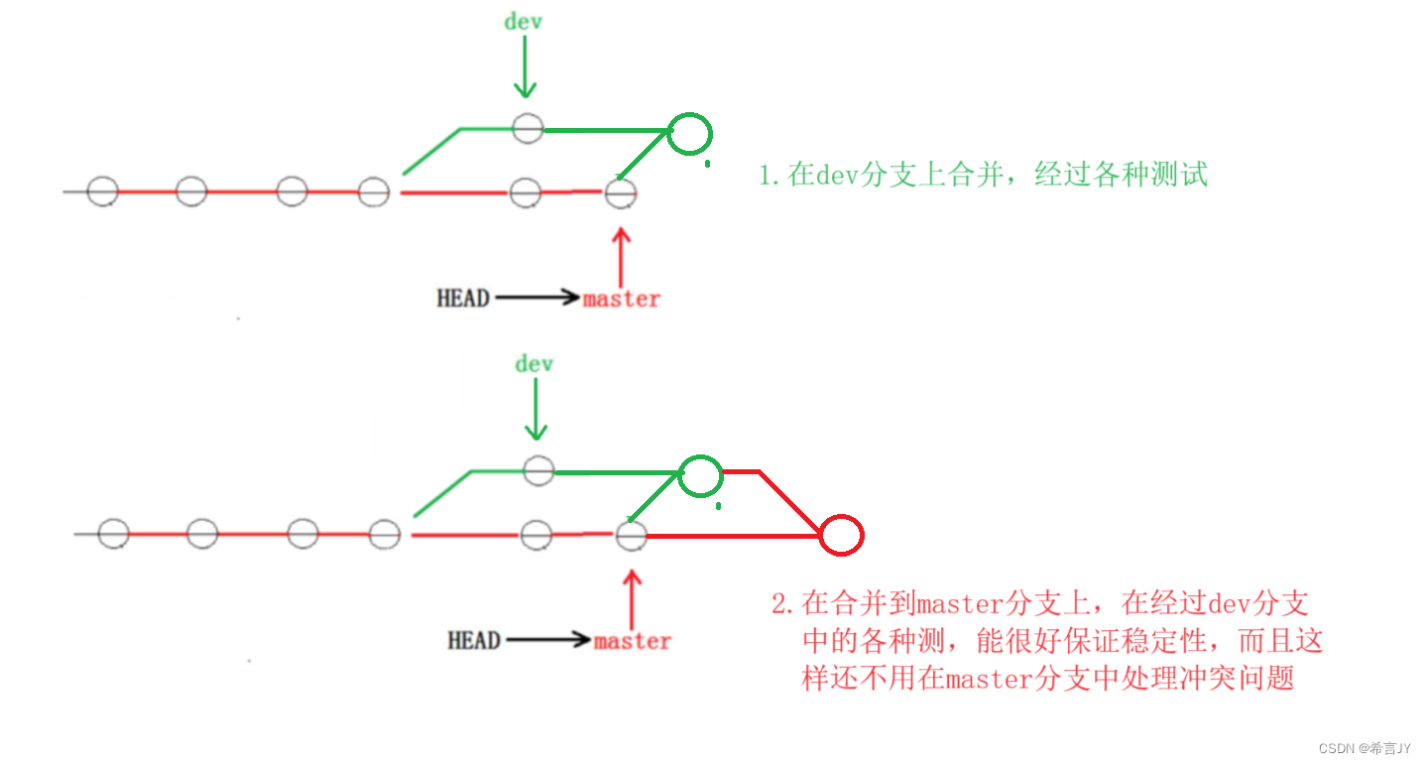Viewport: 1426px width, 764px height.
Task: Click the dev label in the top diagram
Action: (523, 21)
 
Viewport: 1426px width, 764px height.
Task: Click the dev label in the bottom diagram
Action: (534, 364)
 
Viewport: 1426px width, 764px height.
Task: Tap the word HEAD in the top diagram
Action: (463, 298)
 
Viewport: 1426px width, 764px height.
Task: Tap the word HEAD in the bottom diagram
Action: (474, 640)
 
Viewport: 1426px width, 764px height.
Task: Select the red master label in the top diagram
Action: (622, 299)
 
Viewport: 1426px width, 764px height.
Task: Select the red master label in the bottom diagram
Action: (633, 641)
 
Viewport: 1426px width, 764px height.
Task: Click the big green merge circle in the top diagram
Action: (689, 133)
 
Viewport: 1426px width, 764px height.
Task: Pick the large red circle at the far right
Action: (842, 536)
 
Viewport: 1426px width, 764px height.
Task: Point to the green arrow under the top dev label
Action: (525, 68)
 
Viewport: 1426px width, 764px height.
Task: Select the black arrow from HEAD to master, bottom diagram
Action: (546, 640)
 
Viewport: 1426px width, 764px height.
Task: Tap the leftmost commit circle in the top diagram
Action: (102, 191)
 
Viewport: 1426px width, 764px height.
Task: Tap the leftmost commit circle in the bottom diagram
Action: (113, 534)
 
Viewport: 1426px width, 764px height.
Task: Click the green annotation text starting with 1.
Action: (983, 176)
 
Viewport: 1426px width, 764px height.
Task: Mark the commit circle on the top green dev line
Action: (528, 128)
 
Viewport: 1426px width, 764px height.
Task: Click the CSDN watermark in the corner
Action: (1365, 748)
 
